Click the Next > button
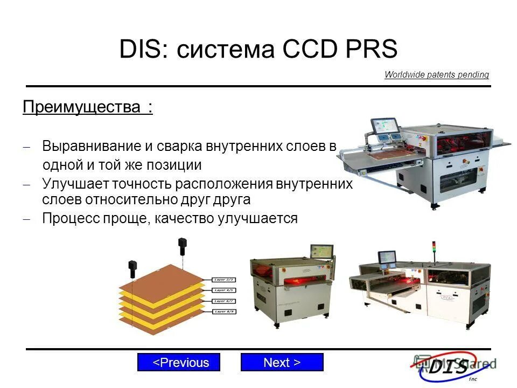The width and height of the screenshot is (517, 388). [282, 363]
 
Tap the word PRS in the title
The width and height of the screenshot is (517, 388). [370, 50]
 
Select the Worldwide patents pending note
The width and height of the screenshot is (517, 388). [436, 75]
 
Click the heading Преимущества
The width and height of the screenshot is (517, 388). [81, 107]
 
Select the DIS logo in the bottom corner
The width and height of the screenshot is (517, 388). [450, 367]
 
